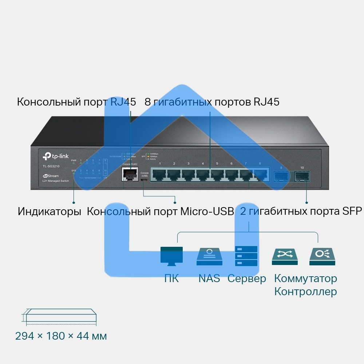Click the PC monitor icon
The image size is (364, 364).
pos(171,256)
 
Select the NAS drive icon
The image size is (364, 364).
pos(209,256)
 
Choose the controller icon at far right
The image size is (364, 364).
pos(322,256)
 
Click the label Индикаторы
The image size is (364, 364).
pos(49,211)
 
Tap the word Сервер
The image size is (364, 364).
pos(246,279)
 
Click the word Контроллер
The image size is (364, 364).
pos(305,292)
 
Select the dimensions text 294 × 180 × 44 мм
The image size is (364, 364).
pos(61,336)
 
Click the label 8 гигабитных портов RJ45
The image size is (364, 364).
pos(212,102)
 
